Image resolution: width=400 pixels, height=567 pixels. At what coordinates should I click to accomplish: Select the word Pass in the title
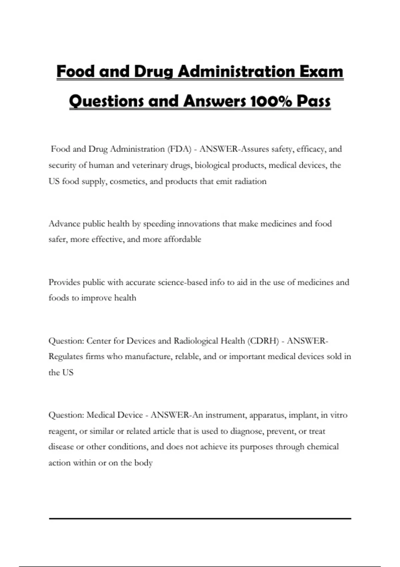click(x=314, y=101)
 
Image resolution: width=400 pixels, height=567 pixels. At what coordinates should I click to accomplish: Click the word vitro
click(x=339, y=415)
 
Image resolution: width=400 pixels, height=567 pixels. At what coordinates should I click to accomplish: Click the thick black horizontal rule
click(x=200, y=519)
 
